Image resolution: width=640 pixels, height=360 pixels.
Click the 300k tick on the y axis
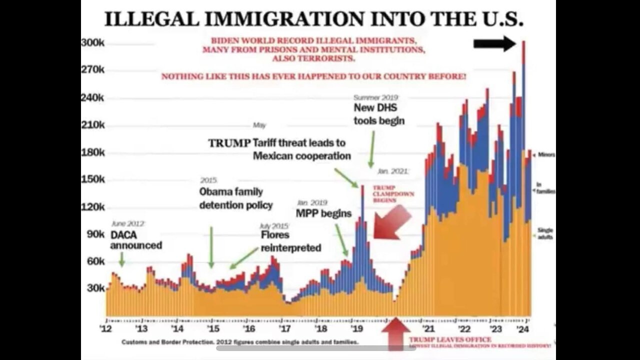[93, 43]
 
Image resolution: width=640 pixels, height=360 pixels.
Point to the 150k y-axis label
[93, 179]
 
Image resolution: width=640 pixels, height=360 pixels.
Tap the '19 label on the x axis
[356, 329]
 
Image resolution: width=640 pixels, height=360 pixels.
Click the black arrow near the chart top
[494, 43]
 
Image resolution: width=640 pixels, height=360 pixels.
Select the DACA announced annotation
[135, 240]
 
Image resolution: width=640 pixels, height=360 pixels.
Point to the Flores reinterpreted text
[290, 241]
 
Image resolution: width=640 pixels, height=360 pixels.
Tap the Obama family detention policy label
[236, 198]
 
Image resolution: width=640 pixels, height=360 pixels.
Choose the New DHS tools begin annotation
[379, 114]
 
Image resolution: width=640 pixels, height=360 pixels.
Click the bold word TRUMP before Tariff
[229, 143]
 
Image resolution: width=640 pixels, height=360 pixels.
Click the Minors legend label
[546, 155]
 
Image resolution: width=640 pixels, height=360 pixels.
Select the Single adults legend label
[544, 233]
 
